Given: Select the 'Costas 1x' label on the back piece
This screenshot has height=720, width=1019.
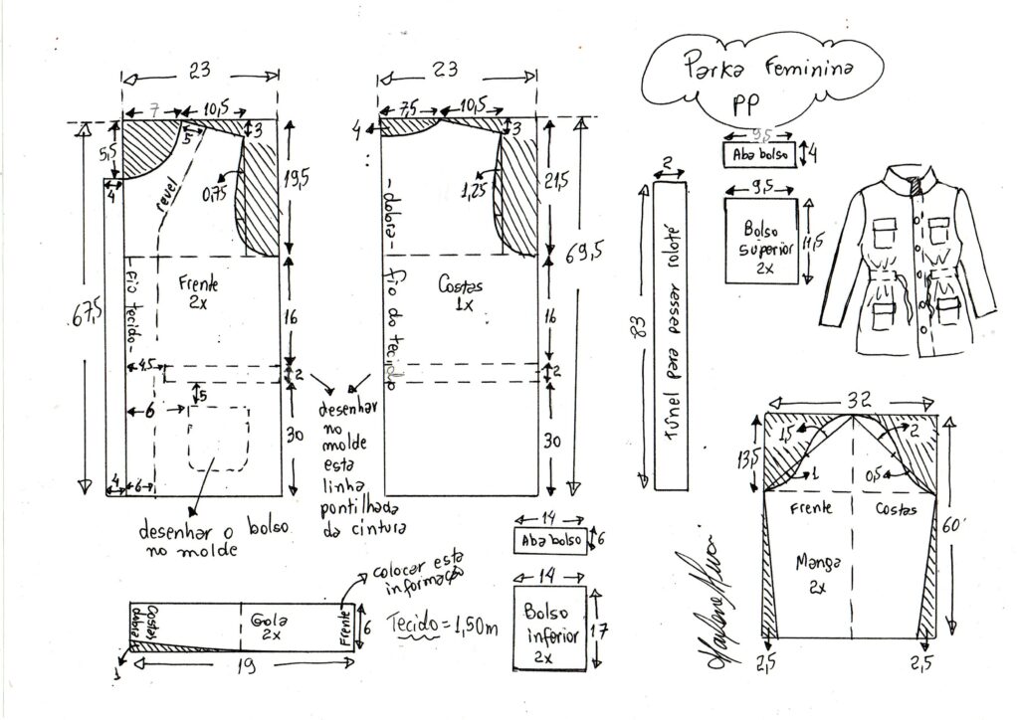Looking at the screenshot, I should coord(460,293).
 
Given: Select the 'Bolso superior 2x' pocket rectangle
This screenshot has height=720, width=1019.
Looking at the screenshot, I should coord(762,240).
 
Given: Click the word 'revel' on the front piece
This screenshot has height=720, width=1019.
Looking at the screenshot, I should coord(168,196).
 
